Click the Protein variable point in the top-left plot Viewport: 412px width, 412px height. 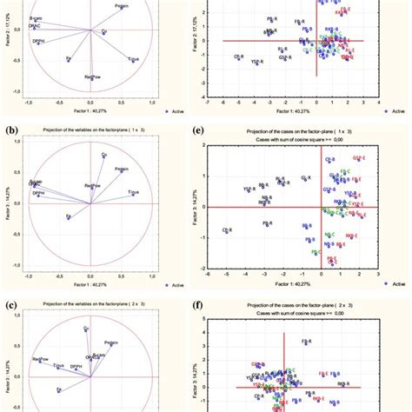coord(119,11)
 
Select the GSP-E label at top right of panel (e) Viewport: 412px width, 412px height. coord(359,157)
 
